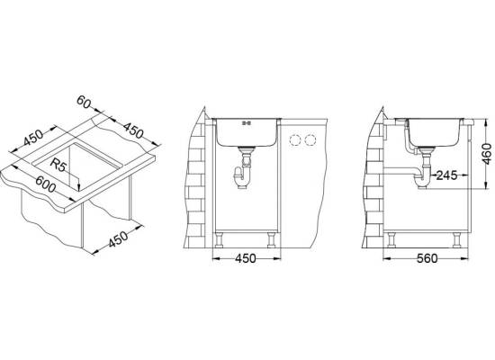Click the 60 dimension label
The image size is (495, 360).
click(84, 102)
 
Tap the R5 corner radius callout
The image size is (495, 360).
click(58, 166)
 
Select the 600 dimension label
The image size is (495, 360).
click(46, 184)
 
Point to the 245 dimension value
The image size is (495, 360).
click(446, 175)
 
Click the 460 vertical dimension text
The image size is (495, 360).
click(487, 154)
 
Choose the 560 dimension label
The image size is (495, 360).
click(427, 258)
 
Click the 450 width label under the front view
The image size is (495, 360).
click(246, 258)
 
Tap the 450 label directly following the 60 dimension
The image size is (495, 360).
click(133, 130)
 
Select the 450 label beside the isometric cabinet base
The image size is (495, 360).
click(119, 239)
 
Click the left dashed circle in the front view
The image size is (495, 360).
click(295, 140)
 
